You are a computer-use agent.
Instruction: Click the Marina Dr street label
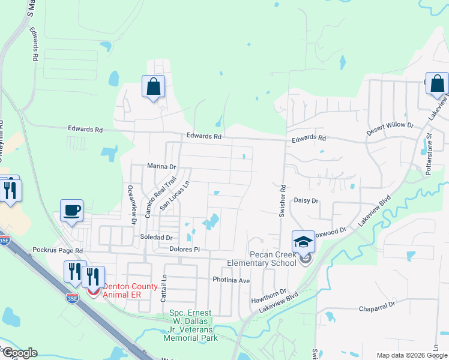click(x=161, y=166)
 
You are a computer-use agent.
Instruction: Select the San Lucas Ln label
click(x=175, y=196)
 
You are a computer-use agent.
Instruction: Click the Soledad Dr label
click(x=158, y=238)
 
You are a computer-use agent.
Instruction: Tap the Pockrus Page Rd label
click(x=58, y=250)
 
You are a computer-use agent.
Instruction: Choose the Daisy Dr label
click(x=306, y=201)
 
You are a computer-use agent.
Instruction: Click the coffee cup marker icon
click(x=72, y=210)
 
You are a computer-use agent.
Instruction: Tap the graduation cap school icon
click(x=303, y=241)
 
